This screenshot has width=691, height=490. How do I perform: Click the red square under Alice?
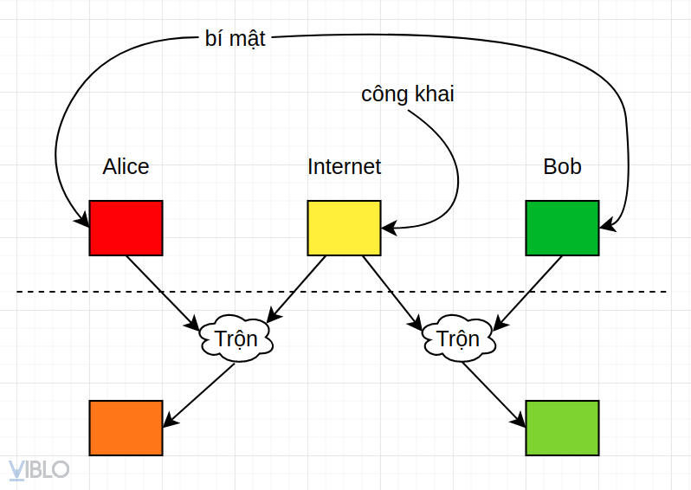[x=126, y=228]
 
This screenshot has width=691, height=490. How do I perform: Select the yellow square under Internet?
[x=344, y=228]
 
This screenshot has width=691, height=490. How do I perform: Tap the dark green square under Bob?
[x=562, y=228]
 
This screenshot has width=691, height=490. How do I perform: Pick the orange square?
[x=126, y=428]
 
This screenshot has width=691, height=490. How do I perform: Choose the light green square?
[x=562, y=428]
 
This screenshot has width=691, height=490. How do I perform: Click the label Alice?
[x=126, y=166]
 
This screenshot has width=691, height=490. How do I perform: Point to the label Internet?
[x=344, y=166]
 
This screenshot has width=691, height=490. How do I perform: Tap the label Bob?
[x=562, y=166]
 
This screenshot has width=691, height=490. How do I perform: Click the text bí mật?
[x=235, y=40]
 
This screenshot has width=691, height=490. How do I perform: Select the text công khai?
[x=407, y=94]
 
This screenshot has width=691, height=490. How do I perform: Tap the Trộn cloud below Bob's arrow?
[x=458, y=338]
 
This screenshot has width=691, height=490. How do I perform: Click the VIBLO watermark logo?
[x=38, y=469]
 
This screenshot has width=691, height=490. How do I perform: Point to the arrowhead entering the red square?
[x=83, y=221]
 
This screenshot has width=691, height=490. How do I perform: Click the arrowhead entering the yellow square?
[x=387, y=229]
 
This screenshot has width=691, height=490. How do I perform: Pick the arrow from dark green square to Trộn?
[x=529, y=291]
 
